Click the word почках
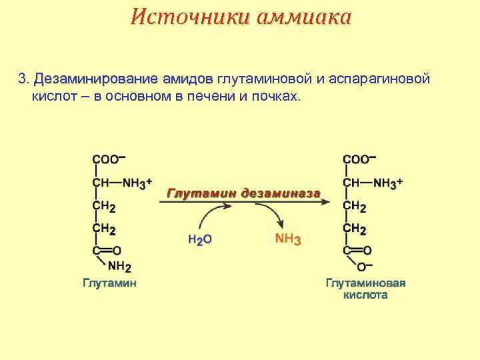pyautogui.click(x=275, y=97)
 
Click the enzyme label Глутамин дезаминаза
pyautogui.click(x=243, y=193)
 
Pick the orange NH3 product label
pyautogui.click(x=288, y=239)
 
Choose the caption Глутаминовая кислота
pyautogui.click(x=365, y=289)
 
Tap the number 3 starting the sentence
pyautogui.click(x=21, y=80)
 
